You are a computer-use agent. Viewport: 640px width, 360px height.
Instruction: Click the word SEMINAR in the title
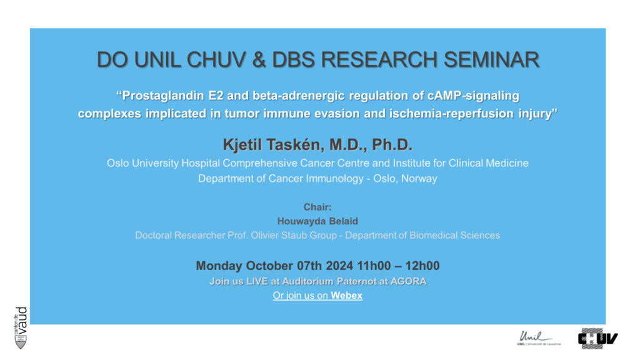point(491,60)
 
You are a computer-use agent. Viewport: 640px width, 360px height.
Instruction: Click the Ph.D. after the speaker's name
point(392,145)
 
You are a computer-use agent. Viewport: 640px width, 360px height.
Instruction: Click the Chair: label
point(317,207)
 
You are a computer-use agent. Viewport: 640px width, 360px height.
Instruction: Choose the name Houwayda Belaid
point(317,221)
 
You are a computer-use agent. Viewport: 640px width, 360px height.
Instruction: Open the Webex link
point(317,296)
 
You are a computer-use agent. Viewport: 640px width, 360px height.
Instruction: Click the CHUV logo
point(597,338)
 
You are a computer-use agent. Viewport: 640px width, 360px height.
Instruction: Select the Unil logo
point(539,338)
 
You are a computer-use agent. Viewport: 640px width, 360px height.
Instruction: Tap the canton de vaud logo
point(21,327)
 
